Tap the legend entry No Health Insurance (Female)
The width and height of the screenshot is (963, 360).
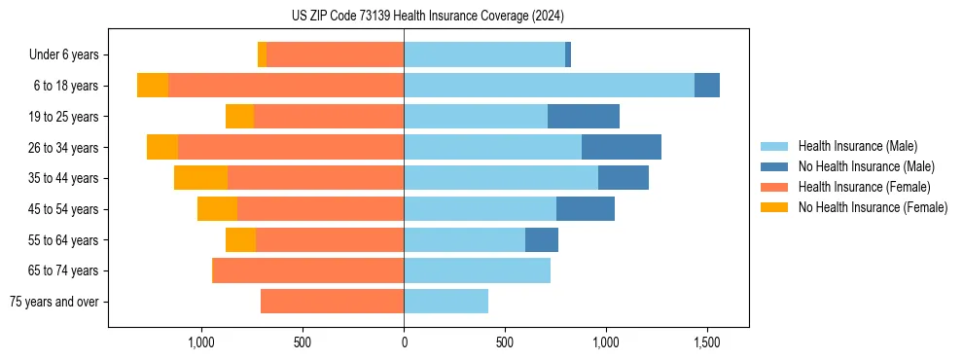pos(873,207)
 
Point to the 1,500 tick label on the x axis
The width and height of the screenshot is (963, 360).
pos(706,342)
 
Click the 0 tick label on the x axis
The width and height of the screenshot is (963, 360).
pos(404,342)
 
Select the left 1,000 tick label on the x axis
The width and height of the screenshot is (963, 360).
pos(201,342)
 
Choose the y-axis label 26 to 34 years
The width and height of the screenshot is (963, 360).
pos(64,148)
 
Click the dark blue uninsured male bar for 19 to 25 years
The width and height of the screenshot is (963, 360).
pos(584,117)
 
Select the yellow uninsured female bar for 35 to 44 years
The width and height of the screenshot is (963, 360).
pos(200,178)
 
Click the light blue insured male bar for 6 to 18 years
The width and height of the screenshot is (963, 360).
pos(549,86)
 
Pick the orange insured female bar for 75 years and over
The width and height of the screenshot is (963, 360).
pos(332,302)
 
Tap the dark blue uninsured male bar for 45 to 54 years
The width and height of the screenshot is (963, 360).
pos(586,209)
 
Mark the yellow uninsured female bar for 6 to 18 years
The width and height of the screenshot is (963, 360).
pos(153,86)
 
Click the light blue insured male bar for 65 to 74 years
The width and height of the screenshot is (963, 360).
pos(477,270)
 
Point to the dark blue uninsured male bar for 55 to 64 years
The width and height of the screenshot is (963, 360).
pos(542,240)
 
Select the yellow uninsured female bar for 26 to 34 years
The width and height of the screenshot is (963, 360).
pos(162,148)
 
